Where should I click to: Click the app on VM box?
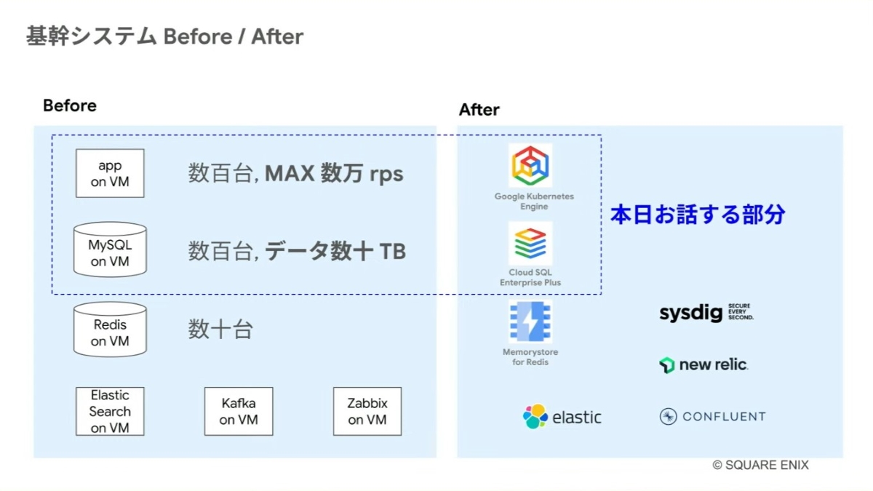(x=110, y=174)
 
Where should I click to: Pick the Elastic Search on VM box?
(x=110, y=412)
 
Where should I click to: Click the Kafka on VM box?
(x=238, y=412)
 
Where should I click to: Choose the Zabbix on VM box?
(x=367, y=412)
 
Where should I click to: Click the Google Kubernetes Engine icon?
(x=530, y=166)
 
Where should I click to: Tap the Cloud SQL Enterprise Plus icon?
(x=530, y=244)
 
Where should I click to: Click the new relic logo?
(x=703, y=364)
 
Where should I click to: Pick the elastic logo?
(x=562, y=417)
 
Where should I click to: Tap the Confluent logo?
(x=712, y=417)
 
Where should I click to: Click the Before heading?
(x=70, y=105)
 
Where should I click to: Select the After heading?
(x=479, y=110)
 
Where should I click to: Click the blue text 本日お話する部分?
(x=698, y=215)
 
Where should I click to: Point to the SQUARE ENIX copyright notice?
(x=760, y=466)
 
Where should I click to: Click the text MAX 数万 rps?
(x=334, y=174)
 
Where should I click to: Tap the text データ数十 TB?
(x=335, y=252)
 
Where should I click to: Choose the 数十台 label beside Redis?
(x=220, y=330)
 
